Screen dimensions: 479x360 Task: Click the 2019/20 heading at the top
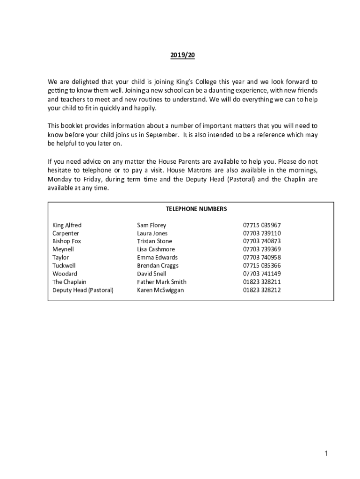tap(182, 55)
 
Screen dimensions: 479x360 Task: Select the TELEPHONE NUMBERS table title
tap(190, 209)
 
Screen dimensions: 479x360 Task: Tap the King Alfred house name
tap(67, 225)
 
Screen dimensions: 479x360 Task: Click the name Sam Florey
tap(151, 225)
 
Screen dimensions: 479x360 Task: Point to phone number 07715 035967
tap(262, 225)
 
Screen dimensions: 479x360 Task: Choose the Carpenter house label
tap(66, 233)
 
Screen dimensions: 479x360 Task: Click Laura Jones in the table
tap(152, 233)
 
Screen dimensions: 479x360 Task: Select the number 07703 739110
tap(262, 233)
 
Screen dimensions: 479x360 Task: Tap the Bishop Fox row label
tap(67, 241)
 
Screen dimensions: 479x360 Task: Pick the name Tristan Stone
tap(155, 241)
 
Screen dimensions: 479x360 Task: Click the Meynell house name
tap(63, 249)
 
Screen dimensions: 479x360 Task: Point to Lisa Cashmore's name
tap(156, 249)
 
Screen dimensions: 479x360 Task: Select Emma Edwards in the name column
tap(158, 257)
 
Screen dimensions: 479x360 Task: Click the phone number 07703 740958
tap(262, 257)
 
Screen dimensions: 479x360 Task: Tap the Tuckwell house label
tap(64, 266)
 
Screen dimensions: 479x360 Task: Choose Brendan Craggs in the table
tap(158, 266)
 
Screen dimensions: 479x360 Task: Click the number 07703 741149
tap(262, 274)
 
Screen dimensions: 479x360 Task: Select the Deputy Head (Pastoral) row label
tap(83, 290)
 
